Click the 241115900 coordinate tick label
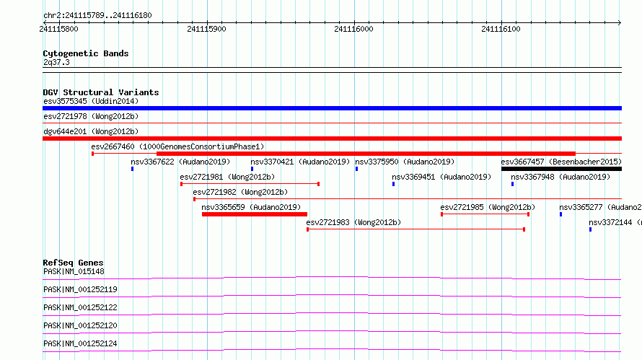206,29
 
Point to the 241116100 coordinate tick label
501,29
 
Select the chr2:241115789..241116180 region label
97,16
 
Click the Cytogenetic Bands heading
86,53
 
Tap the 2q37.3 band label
56,62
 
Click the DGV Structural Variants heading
101,92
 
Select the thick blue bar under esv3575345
332,108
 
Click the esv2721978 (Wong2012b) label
91,116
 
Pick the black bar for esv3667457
561,169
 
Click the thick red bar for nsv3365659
254,214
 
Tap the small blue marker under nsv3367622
132,169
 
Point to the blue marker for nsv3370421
252,169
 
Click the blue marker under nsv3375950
356,169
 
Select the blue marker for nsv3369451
393,184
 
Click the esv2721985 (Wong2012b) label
488,207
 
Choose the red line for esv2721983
416,229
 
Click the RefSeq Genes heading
73,263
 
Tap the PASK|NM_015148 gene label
74,271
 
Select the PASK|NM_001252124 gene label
80,343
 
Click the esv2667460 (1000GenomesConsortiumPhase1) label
177,146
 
